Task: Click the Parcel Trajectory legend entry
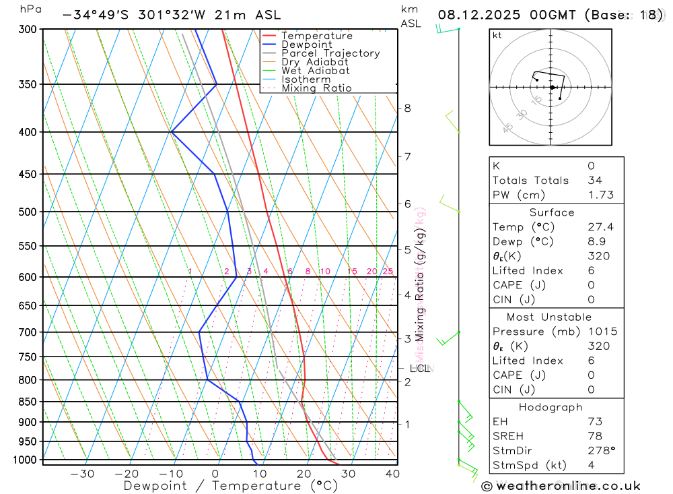330,53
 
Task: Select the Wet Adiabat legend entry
315,71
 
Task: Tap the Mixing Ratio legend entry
316,88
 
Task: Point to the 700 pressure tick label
28,332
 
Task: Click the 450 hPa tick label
28,175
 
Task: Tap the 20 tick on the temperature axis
304,474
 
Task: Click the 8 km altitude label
407,108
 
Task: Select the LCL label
420,368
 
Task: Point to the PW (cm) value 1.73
600,195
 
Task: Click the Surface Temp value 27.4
600,227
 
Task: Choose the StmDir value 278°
600,451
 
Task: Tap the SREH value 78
595,436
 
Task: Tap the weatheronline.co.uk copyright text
561,486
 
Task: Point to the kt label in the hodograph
497,35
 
